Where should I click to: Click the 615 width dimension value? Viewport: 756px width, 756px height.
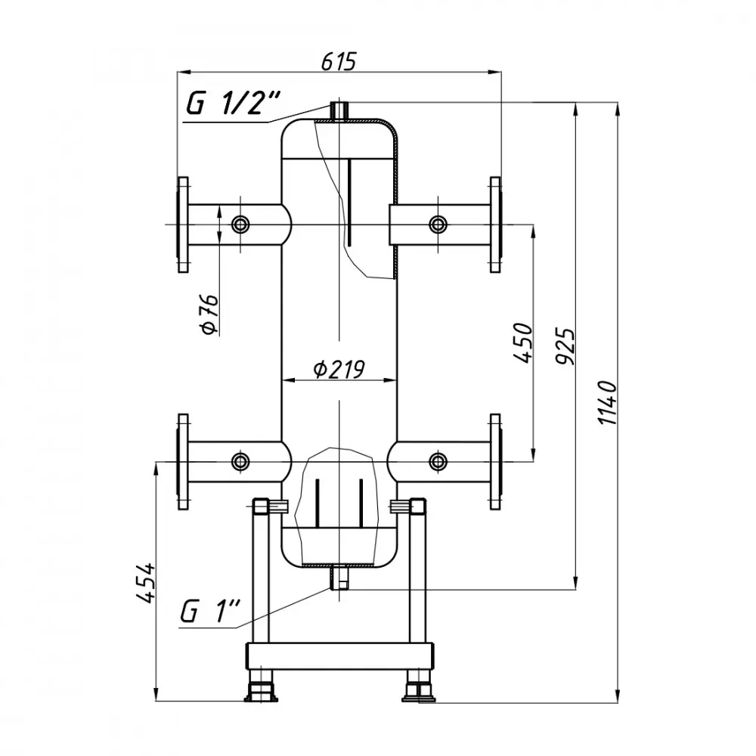coord(338,61)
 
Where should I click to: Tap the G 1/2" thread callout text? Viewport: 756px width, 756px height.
coord(234,104)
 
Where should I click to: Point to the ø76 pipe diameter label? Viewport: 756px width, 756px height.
coord(210,314)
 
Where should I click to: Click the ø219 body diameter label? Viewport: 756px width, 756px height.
coord(339,369)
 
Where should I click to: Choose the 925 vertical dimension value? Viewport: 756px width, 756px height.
coord(566,346)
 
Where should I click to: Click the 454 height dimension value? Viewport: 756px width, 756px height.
coord(147,581)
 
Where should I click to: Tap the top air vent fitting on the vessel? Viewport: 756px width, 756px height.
coord(338,110)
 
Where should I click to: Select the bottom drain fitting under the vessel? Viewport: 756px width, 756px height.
coord(338,578)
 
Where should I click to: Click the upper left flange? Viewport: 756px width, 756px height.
coord(182,225)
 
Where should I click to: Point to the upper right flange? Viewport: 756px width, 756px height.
coord(495,225)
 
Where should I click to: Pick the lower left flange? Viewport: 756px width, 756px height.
coord(182,461)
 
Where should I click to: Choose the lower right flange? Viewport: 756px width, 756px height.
coord(495,461)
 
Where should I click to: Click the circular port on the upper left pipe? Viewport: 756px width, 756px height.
coord(241,225)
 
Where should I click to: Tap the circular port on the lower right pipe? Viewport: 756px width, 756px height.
coord(438,461)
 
